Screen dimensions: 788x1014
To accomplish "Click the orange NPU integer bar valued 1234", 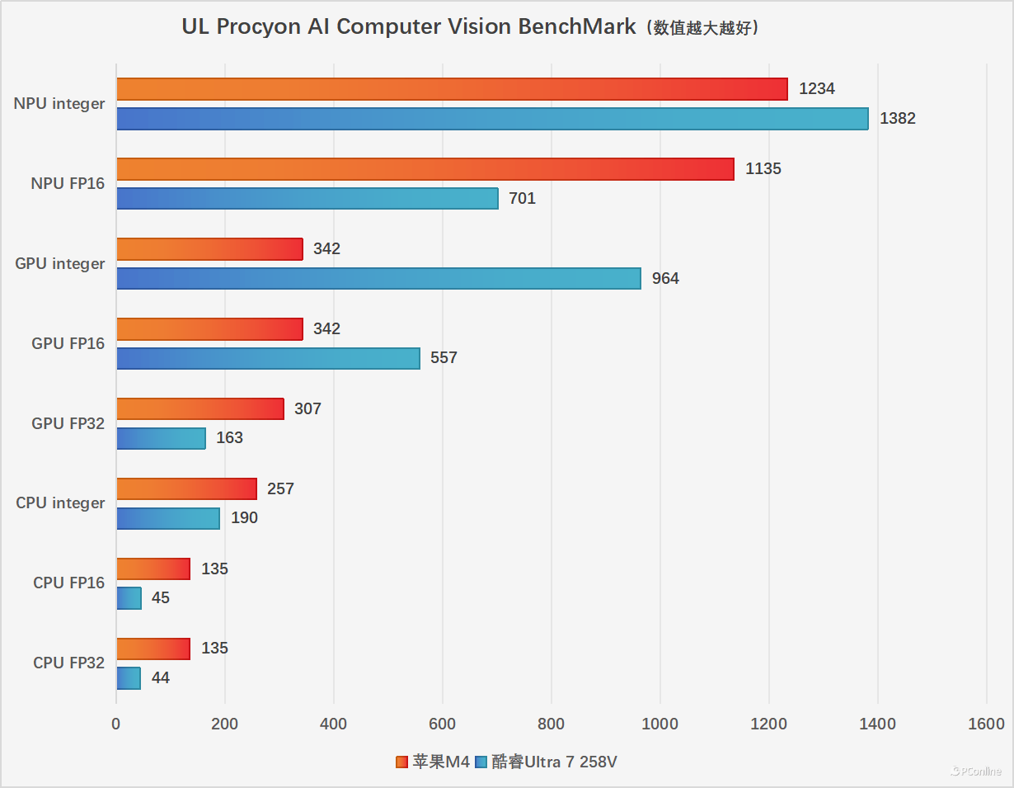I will pos(452,89).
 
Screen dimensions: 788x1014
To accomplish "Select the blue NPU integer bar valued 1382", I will pos(492,119).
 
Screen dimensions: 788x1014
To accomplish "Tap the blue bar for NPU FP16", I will pos(307,199).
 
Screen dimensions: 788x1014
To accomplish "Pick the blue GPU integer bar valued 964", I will pos(378,279).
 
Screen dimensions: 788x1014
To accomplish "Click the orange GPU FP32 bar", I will pos(200,408).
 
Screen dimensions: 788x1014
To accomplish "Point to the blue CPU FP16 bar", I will pos(129,598).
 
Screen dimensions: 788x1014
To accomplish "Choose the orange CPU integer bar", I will pos(186,488).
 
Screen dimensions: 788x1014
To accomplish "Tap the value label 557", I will pos(444,358).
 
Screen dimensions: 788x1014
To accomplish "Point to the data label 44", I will pos(161,678).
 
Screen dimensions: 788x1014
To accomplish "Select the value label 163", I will pos(229,438).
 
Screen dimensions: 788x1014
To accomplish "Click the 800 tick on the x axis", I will pos(551,724).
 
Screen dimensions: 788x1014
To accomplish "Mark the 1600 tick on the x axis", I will pos(987,724).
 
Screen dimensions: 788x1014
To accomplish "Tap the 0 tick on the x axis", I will pos(116,724).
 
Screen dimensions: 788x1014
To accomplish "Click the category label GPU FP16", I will pos(68,343).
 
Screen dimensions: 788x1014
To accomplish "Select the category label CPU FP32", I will pos(68,663).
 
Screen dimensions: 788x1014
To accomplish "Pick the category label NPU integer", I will pos(59,104).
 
